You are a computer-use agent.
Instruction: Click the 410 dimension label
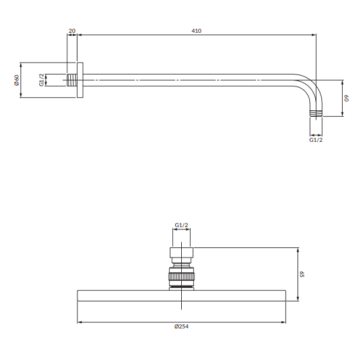tap(197, 31)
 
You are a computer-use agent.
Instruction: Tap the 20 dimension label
tap(72, 31)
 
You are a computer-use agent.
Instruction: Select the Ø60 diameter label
tap(17, 80)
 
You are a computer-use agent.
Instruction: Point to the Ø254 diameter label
tap(181, 326)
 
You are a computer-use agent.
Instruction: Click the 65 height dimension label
tap(302, 274)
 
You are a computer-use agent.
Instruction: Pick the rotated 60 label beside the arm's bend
tap(346, 98)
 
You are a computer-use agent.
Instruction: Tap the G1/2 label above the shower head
tap(181, 225)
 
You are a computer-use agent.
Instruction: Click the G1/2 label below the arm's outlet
tap(316, 140)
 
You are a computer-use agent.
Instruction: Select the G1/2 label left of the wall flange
tap(42, 80)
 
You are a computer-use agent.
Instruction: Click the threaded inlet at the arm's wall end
tap(72, 80)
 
